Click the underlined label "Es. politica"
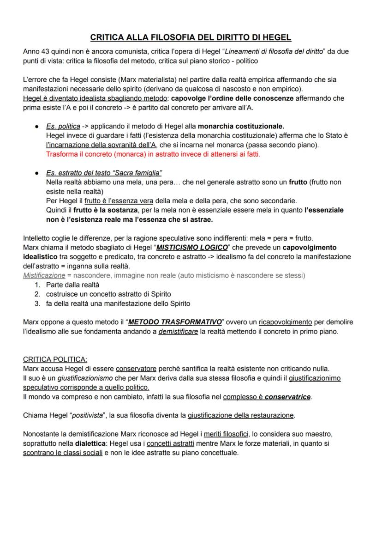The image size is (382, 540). [63, 126]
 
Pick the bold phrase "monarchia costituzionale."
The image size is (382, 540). [241, 126]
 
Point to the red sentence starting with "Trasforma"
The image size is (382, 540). [153, 154]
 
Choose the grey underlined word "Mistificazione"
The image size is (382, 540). [44, 275]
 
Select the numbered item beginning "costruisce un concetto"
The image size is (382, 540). [108, 294]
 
